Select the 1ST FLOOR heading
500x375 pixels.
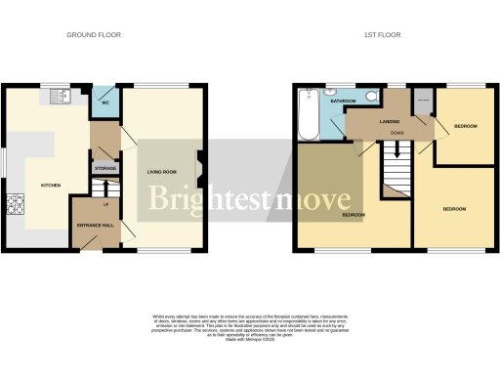pos(382,34)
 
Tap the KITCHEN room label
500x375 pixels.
pos(50,185)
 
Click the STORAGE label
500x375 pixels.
pos(105,169)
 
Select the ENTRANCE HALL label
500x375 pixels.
pos(95,226)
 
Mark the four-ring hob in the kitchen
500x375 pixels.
pos(17,204)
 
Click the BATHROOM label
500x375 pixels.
pos(343,101)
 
